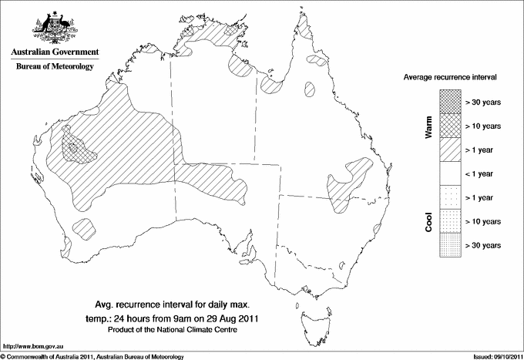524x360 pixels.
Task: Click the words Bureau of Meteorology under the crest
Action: click(55, 66)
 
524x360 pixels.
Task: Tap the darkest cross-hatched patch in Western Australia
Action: click(75, 146)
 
